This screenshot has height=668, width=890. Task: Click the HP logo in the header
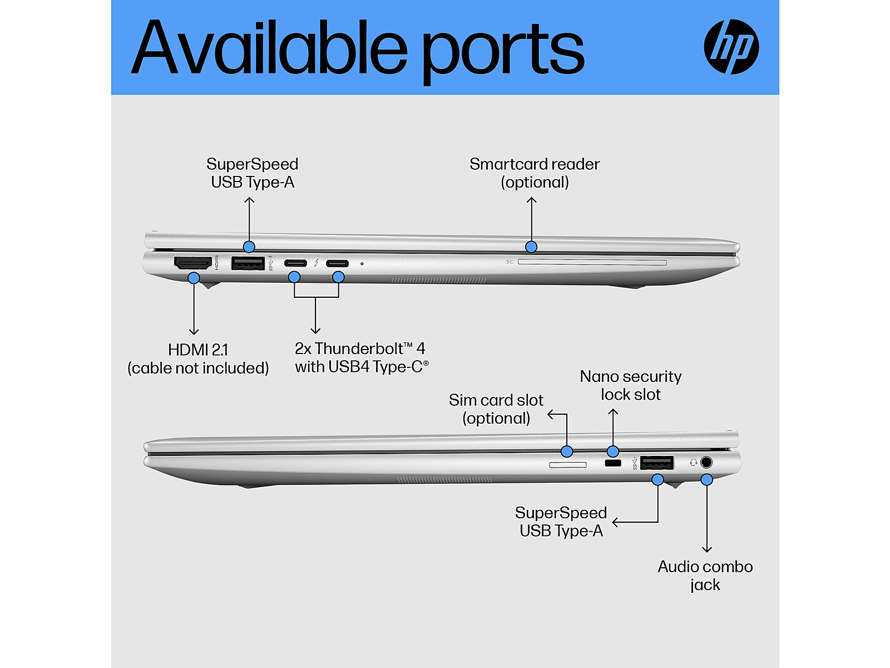[731, 47]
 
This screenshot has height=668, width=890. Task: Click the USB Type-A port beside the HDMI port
[248, 263]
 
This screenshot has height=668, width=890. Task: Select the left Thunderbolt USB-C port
[295, 263]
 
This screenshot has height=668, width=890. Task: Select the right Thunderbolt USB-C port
[337, 263]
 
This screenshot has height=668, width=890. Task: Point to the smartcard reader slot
[592, 262]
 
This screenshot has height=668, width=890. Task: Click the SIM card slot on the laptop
[567, 464]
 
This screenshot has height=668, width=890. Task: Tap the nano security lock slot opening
[612, 463]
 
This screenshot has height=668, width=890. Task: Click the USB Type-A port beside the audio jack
[657, 463]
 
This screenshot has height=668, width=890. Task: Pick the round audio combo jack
[706, 462]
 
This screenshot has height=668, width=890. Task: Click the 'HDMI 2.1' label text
[198, 350]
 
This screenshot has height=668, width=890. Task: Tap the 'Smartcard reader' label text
[535, 164]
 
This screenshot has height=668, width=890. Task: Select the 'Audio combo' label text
[705, 567]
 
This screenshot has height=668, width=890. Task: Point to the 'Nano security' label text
[631, 377]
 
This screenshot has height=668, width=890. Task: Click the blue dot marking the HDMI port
[194, 277]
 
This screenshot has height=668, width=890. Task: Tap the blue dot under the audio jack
[706, 479]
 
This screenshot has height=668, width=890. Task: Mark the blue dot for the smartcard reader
[531, 247]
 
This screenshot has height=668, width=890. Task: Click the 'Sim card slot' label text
[496, 400]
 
